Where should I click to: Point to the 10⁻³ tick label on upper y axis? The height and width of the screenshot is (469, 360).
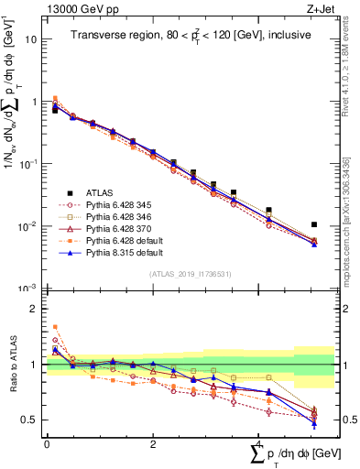coord(31,288)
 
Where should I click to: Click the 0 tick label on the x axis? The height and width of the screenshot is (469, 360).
coord(47,444)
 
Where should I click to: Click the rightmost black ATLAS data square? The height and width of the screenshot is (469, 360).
coord(314,224)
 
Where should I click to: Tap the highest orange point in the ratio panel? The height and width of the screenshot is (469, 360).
coord(55,327)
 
